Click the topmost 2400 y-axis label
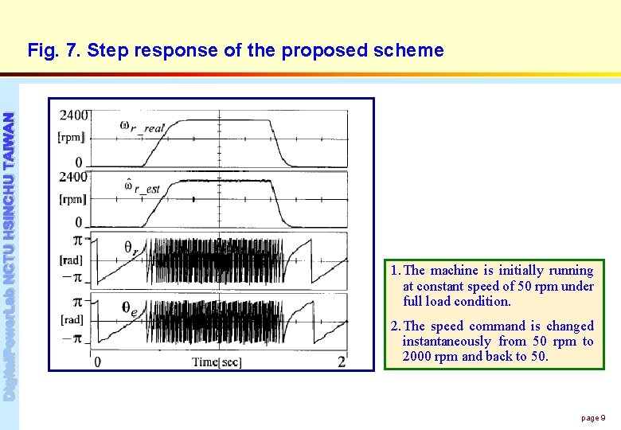pyautogui.click(x=74, y=115)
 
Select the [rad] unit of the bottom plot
pyautogui.click(x=72, y=319)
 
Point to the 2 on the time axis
pyautogui.click(x=342, y=362)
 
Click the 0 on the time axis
pyautogui.click(x=97, y=362)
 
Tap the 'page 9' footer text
pyautogui.click(x=593, y=418)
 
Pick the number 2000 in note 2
pyautogui.click(x=417, y=356)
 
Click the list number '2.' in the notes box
pyautogui.click(x=395, y=326)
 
